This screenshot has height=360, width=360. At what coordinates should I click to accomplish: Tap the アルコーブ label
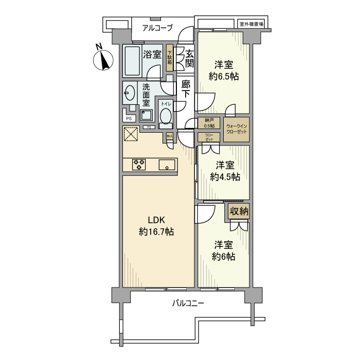(157, 28)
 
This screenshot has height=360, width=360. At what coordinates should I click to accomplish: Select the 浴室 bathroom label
(152, 54)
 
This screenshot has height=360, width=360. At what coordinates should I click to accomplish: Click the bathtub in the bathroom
(132, 61)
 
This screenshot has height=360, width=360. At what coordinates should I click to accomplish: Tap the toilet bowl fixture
(166, 118)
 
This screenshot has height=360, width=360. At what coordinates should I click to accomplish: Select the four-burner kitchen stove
(139, 165)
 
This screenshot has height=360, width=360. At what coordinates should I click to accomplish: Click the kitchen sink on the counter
(167, 165)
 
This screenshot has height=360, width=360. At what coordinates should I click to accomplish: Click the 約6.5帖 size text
(224, 77)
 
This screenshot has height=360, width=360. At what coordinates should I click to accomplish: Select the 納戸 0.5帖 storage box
(209, 123)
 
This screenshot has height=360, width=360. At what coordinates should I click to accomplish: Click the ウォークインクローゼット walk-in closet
(236, 129)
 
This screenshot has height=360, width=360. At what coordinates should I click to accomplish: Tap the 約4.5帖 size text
(225, 176)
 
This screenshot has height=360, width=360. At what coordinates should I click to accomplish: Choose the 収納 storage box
(239, 211)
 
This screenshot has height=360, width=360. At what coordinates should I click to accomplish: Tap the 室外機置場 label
(251, 24)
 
